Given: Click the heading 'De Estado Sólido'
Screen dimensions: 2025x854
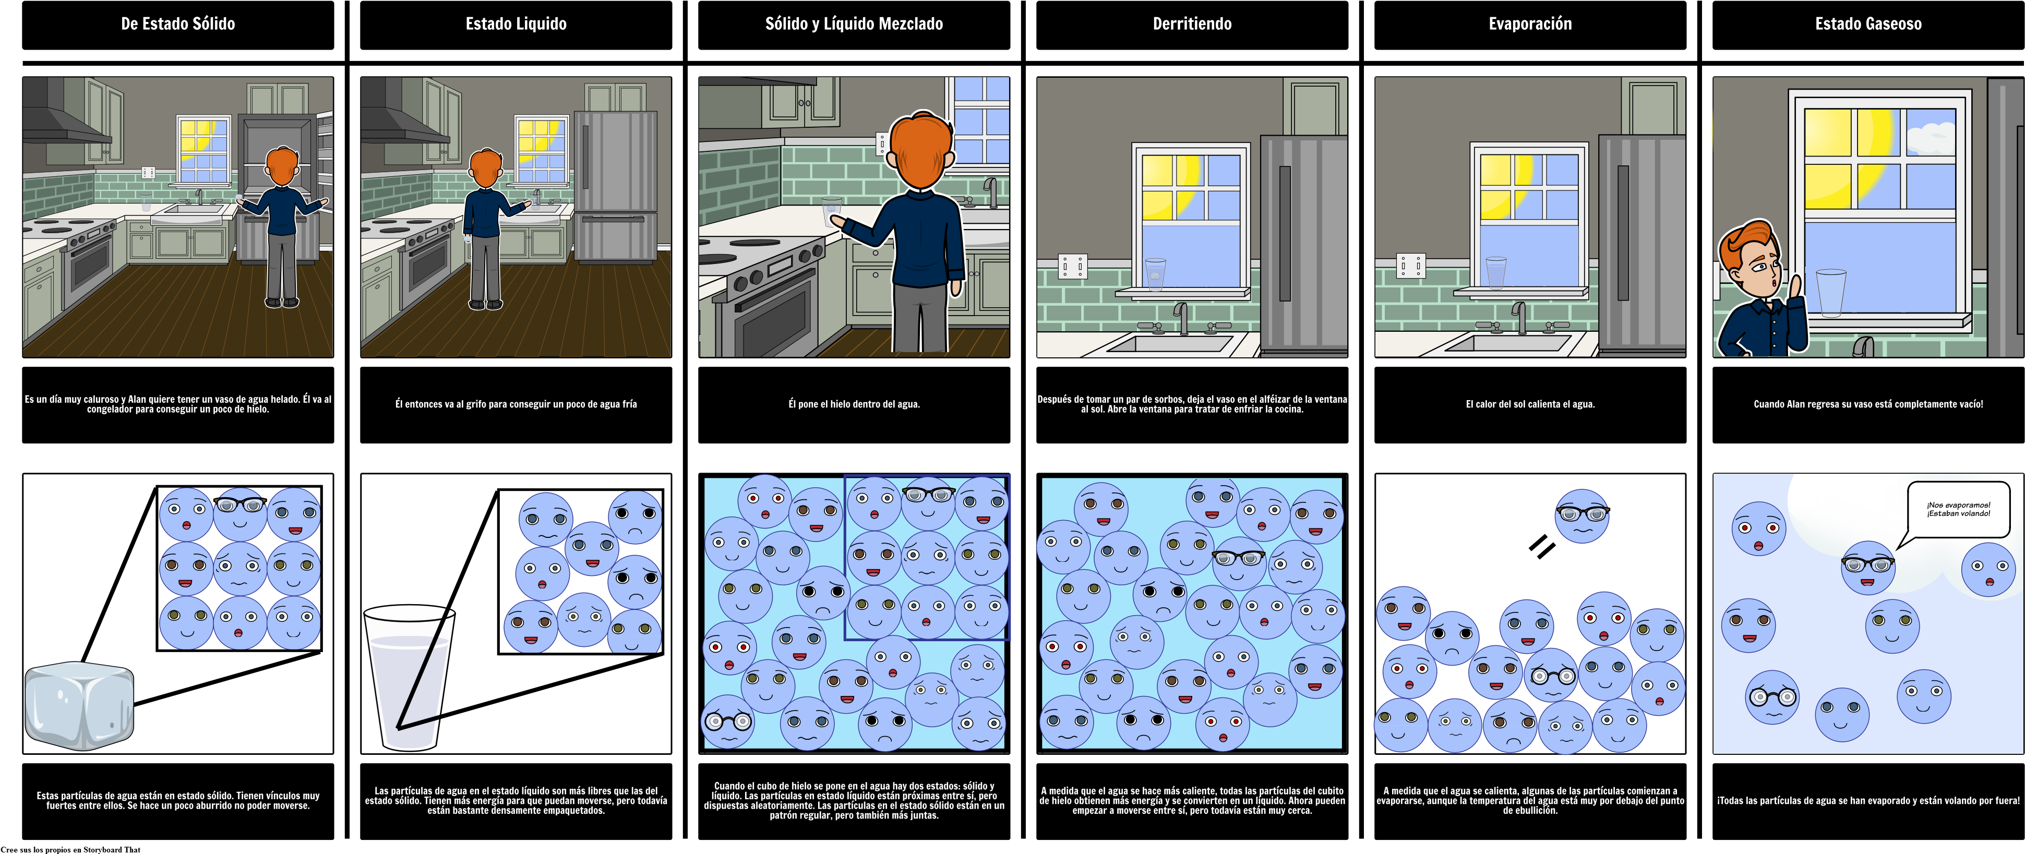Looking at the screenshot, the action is (x=177, y=23).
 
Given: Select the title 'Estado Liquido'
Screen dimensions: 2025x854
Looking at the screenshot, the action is (x=516, y=23).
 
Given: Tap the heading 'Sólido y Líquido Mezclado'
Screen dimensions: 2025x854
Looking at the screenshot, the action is (x=854, y=23).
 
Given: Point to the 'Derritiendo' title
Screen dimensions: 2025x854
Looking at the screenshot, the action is (x=1192, y=23).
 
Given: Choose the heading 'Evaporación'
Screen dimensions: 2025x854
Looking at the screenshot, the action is (x=1530, y=23).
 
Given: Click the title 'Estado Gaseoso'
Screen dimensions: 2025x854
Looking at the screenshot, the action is (x=1868, y=23).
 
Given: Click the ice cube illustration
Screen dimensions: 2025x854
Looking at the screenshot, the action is (x=79, y=705).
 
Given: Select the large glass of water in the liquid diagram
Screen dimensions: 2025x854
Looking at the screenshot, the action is (x=409, y=676).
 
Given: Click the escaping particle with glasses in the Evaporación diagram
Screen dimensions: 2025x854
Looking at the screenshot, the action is (x=1583, y=516).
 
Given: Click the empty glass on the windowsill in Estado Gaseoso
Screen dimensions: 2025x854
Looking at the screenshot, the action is (x=1831, y=292).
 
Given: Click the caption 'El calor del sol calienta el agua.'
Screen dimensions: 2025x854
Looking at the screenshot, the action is (x=1530, y=404).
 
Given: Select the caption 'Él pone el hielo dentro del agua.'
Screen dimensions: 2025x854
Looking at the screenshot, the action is (x=854, y=404).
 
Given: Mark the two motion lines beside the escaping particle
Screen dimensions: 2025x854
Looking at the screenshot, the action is (x=1541, y=547).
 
